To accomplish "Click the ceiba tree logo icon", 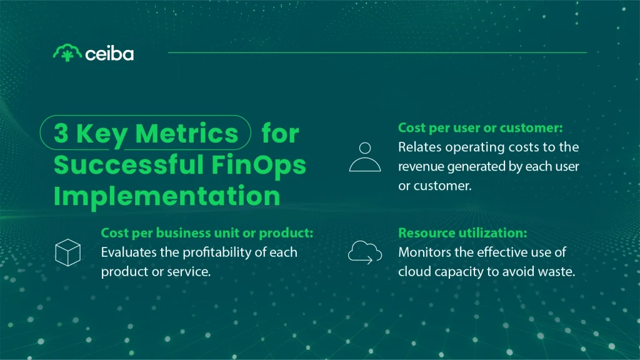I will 67,52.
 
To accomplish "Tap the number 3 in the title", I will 61,134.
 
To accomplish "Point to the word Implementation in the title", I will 167,196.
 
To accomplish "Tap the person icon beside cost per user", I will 365,156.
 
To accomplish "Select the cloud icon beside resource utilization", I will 365,252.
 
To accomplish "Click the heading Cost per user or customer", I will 481,127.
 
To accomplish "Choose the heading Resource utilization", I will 463,233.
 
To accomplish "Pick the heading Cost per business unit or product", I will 207,233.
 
